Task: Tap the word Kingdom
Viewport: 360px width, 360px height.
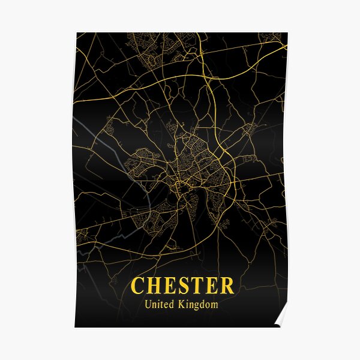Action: [x=199, y=305]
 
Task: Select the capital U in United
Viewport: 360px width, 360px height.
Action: [x=148, y=305]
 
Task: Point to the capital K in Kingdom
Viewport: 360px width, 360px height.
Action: [x=182, y=305]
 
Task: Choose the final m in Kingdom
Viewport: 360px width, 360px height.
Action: [x=214, y=305]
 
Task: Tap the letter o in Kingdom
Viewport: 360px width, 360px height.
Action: [x=208, y=305]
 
